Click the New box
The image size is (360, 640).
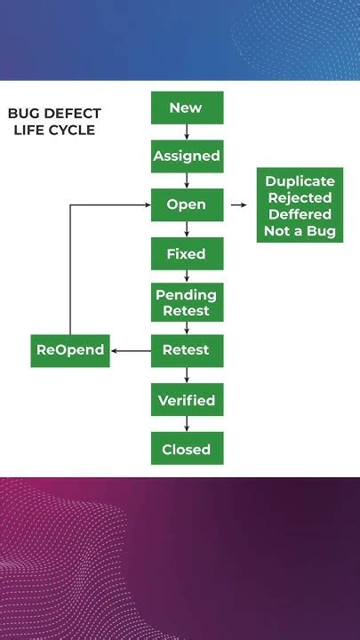[x=186, y=108]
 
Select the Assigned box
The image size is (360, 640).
[x=186, y=156]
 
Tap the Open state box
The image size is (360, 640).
[x=186, y=204]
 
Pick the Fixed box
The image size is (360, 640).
[x=186, y=254]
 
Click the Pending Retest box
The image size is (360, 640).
[x=186, y=302]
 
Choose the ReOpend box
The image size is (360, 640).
[x=70, y=350]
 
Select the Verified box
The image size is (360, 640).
[x=186, y=400]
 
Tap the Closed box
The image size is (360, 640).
[x=186, y=449]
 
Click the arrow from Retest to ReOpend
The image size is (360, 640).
[x=131, y=350]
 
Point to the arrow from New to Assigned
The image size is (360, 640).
[x=187, y=132]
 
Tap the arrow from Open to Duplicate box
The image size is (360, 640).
[x=238, y=204]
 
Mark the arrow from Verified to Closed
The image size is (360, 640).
[x=187, y=424]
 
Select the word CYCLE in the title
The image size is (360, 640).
[x=73, y=130]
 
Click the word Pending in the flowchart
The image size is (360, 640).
[x=186, y=294]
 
